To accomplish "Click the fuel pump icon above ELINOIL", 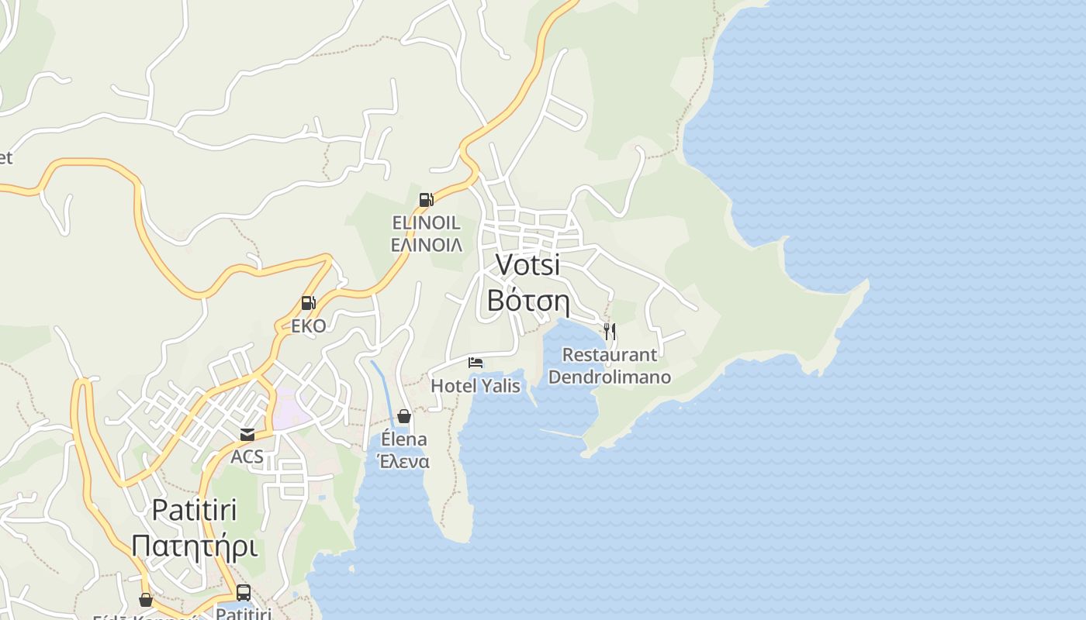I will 426,200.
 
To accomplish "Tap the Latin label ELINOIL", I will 426,223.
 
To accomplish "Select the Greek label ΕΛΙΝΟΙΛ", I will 426,245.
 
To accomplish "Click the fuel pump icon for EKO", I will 309,303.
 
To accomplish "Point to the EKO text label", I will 309,325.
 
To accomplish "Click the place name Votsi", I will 527,265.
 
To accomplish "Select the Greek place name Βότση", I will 528,301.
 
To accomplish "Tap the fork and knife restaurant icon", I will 610,332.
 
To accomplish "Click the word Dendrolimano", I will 609,377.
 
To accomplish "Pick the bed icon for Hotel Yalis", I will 476,363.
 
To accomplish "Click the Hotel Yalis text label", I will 476,385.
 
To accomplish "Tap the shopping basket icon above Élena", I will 404,416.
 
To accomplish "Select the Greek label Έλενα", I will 403,461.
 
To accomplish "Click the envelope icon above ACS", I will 247,435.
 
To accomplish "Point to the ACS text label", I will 247,456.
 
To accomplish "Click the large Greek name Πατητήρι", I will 194,546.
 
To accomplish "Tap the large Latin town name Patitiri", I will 194,510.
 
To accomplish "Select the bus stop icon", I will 244,593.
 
